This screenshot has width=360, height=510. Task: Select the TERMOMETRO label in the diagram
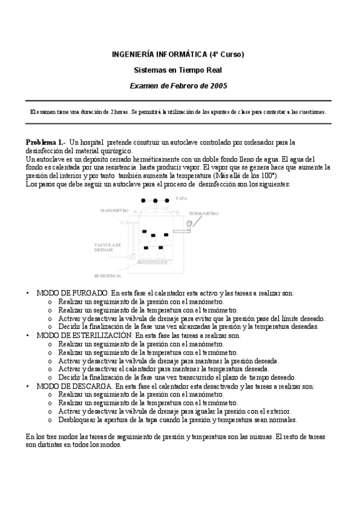(203, 214)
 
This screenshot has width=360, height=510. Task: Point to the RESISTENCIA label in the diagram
(108, 275)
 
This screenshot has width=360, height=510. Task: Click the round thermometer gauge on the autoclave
(189, 223)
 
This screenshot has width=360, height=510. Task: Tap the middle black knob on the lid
(156, 200)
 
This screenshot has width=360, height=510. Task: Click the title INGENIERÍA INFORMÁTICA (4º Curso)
(178, 54)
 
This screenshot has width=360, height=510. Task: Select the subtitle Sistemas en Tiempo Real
(178, 70)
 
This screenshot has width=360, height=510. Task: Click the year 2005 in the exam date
(218, 85)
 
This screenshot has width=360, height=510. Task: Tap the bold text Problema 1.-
(46, 142)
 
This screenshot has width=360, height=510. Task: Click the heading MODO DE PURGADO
(73, 293)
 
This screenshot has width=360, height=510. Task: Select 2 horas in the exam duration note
(117, 112)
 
